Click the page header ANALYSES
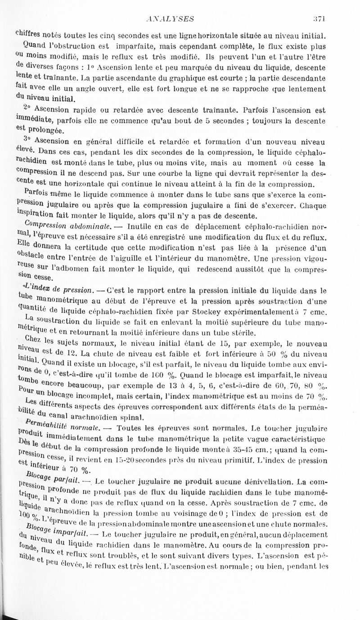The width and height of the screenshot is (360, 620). pyautogui.click(x=173, y=18)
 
